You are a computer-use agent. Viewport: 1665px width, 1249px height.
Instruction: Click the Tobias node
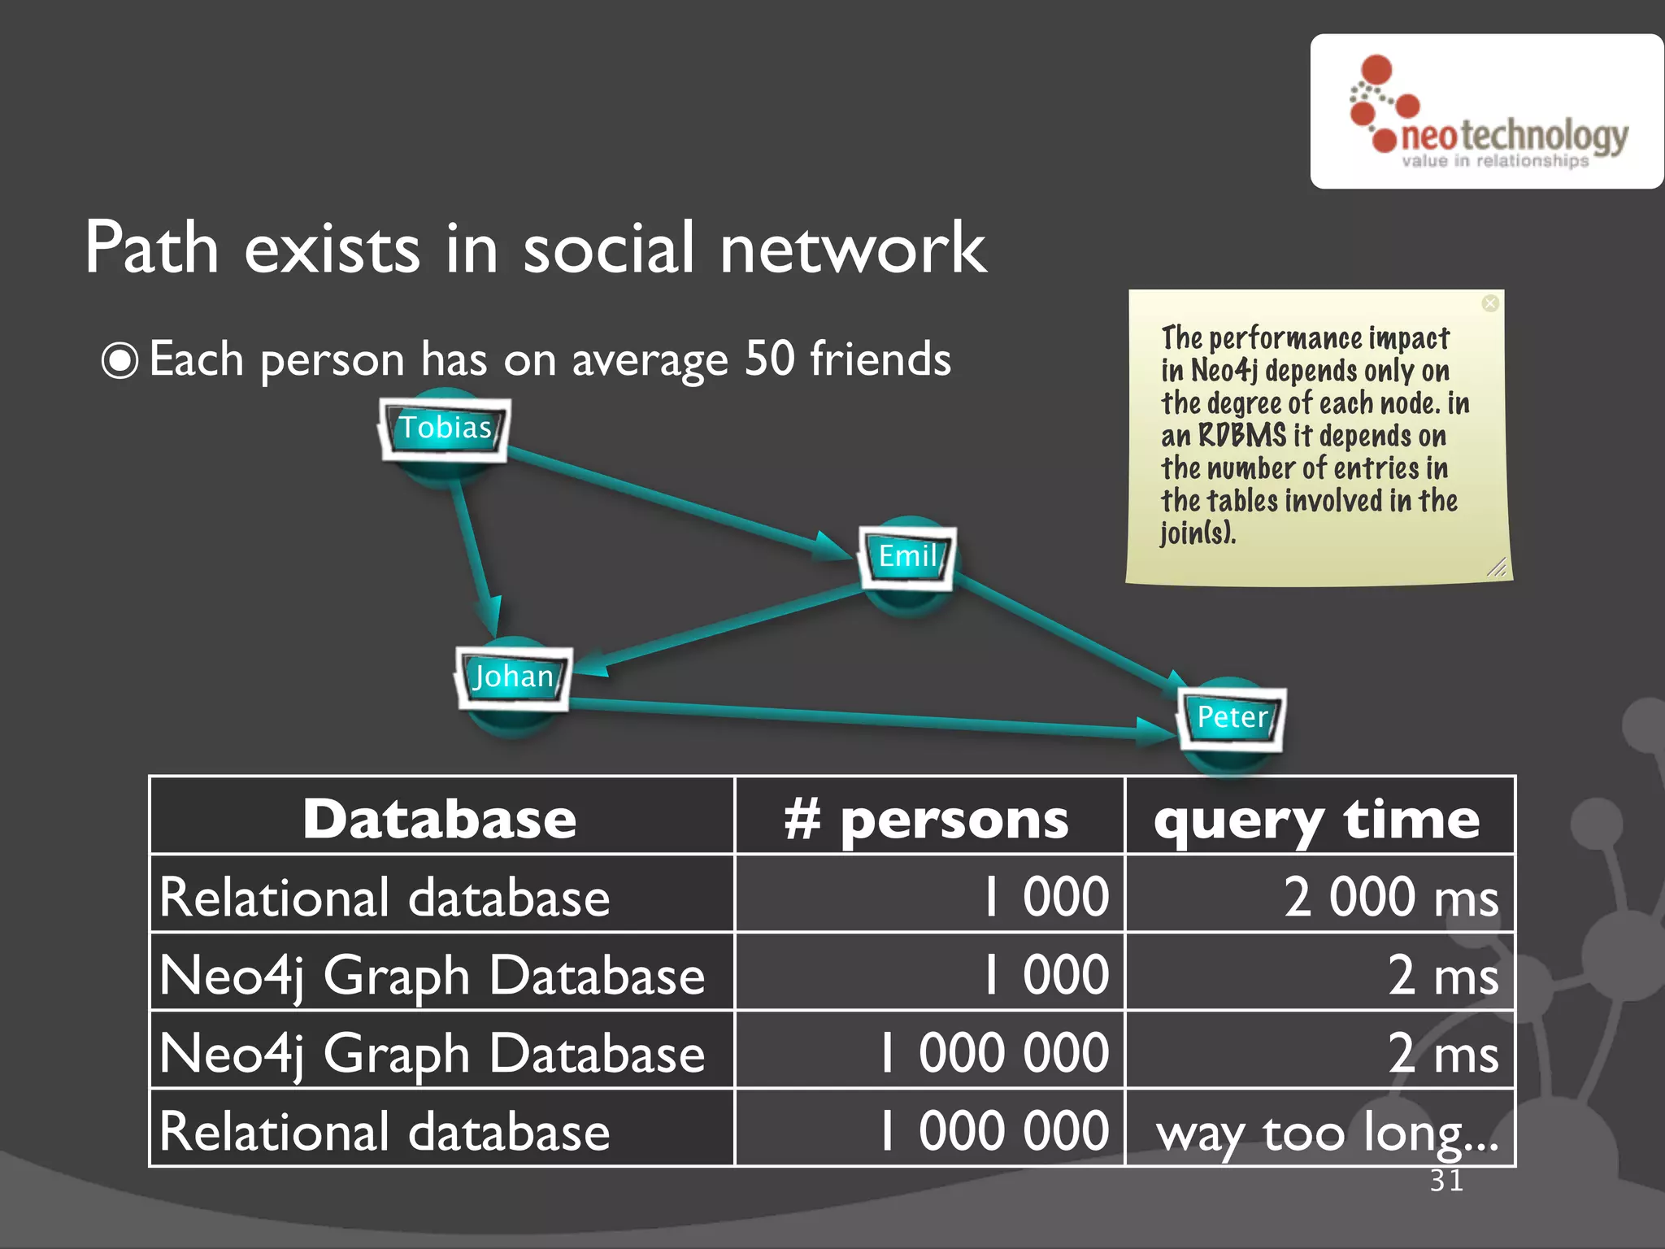coord(445,429)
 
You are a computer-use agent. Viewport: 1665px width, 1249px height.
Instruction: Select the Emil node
coord(907,557)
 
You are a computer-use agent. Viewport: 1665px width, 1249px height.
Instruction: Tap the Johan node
coord(513,677)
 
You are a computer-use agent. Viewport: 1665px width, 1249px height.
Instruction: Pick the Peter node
coord(1232,718)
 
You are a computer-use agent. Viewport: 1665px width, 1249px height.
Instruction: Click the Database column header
coord(441,818)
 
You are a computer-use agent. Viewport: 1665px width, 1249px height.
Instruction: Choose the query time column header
coord(1318,818)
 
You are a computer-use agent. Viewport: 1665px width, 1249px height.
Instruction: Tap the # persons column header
coord(928,818)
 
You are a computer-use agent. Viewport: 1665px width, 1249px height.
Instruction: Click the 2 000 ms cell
coord(1391,897)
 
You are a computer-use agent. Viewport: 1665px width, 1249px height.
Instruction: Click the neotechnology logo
coord(1486,112)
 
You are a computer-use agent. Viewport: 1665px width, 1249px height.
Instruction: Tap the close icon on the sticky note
coord(1489,303)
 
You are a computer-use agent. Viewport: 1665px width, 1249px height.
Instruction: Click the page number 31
coord(1446,1180)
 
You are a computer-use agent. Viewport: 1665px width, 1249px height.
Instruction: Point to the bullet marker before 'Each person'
coord(120,361)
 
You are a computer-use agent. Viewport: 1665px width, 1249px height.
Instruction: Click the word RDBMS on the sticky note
coord(1241,436)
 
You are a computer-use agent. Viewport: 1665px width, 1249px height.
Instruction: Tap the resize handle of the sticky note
coord(1497,568)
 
